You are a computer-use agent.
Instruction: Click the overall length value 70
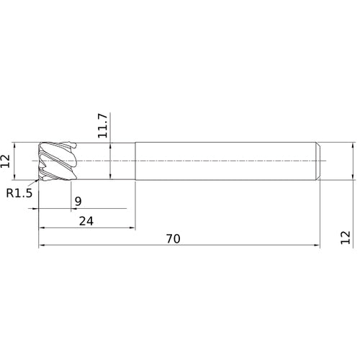click(173, 239)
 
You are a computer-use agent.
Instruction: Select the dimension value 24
click(86, 221)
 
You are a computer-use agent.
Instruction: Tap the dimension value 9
click(78, 202)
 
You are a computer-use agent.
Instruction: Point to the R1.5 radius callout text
click(19, 193)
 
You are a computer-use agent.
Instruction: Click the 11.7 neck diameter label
click(103, 125)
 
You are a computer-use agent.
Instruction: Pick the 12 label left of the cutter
click(5, 161)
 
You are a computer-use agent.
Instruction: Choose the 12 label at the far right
click(346, 238)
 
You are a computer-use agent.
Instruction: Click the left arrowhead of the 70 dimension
click(42, 245)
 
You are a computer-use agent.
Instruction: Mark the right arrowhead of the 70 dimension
click(317, 245)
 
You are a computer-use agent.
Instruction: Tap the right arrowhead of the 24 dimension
click(132, 228)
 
